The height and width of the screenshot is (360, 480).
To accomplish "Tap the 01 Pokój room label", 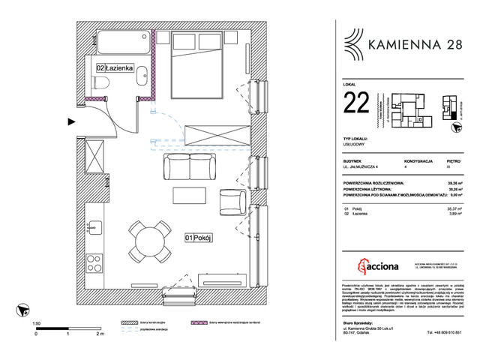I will pos(200,238).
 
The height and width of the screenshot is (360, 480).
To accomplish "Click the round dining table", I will pos(148,240).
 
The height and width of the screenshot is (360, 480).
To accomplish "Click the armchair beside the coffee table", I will pos(232,202).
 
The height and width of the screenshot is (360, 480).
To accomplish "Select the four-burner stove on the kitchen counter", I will pos(95,262).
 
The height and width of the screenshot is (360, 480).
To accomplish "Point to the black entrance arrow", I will pos(71,119).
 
